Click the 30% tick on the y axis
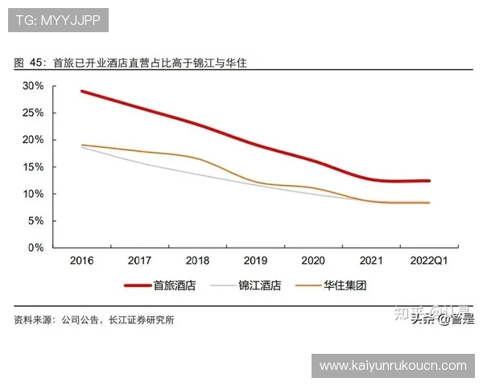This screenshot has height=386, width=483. [33, 85]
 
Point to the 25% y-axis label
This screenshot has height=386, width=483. [33, 113]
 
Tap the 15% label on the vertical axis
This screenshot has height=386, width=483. [33, 166]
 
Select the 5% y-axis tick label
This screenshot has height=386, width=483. [35, 220]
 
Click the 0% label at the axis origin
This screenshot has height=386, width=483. [35, 248]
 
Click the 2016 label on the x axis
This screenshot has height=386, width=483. [81, 261]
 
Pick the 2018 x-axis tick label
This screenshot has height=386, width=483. [197, 261]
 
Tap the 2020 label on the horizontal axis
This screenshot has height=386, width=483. [312, 261]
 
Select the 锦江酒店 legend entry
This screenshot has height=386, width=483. [260, 285]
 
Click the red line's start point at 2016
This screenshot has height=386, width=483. [82, 92]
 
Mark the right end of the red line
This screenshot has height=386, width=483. [428, 181]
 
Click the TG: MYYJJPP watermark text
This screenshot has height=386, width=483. [58, 20]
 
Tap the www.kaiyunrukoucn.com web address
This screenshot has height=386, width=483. [393, 366]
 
